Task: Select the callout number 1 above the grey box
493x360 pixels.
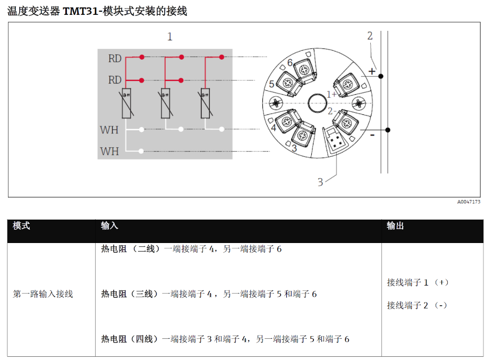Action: [170, 37]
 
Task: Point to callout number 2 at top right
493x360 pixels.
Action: [370, 36]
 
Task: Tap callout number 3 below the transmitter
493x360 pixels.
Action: [320, 182]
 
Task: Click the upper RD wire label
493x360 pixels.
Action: [115, 58]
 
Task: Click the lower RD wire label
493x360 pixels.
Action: [115, 80]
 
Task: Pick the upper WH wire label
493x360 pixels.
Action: [109, 130]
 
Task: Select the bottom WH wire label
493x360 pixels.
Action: [109, 152]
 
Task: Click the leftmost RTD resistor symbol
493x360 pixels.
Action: [126, 103]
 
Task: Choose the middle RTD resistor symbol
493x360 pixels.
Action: [166, 103]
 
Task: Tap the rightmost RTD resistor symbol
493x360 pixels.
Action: [205, 103]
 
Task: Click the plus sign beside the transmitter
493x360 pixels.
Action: [372, 71]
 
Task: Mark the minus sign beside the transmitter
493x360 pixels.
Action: [372, 135]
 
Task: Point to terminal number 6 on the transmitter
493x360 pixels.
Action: [290, 62]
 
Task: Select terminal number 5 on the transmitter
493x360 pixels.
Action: [271, 84]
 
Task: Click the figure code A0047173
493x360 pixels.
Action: [469, 202]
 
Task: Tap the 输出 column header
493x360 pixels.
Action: [395, 226]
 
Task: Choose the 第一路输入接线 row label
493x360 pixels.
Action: [43, 294]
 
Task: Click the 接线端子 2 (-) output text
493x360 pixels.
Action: [417, 305]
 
